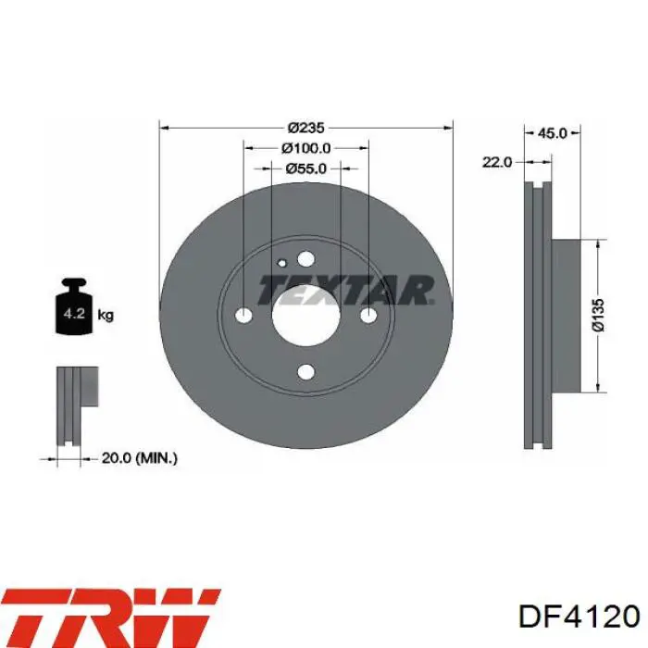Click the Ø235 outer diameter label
coord(305,128)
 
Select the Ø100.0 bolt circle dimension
coord(305,148)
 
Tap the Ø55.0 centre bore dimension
coord(305,168)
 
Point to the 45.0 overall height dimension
coord(552,133)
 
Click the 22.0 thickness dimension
coord(497,162)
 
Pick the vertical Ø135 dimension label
coord(598,315)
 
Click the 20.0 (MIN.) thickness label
coord(139,458)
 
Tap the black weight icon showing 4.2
coord(74,306)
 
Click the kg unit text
coord(106,316)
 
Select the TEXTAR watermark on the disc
coord(345,290)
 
